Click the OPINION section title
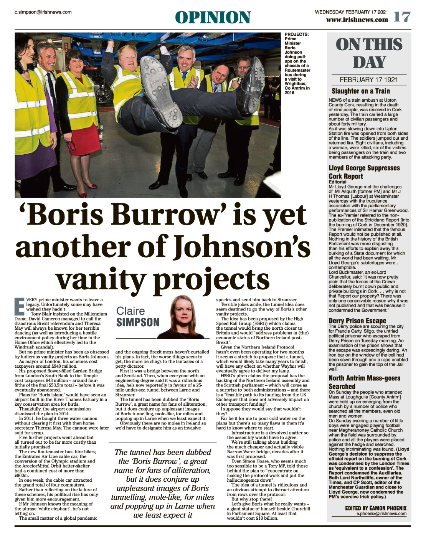[x=213, y=18]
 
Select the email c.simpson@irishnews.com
[x=43, y=12]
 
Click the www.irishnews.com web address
[x=357, y=20]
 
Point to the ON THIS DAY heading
[x=369, y=53]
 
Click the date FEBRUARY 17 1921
[x=369, y=80]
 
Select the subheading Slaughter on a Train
[x=361, y=91]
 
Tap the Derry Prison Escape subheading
[x=357, y=320]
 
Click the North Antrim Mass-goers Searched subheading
[x=364, y=382]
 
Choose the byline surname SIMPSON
[x=138, y=322]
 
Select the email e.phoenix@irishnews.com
[x=381, y=514]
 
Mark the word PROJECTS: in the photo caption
[x=296, y=35]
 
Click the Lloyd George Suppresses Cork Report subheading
[x=364, y=172]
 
